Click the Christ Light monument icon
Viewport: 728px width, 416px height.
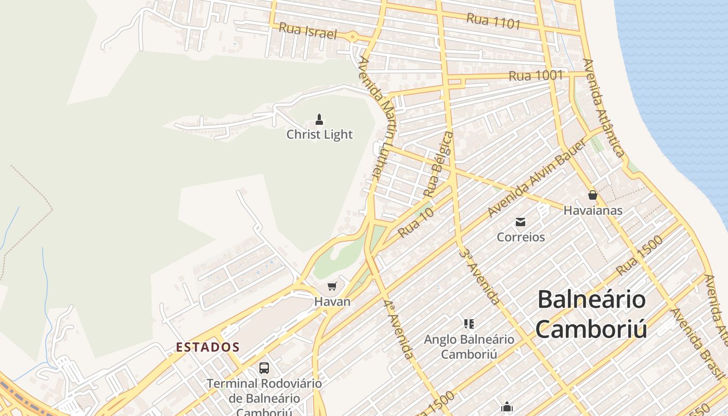pos(319,120)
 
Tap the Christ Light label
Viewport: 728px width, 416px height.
pos(319,135)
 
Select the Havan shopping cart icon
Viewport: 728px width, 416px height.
pos(332,286)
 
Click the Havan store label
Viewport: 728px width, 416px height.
pos(332,302)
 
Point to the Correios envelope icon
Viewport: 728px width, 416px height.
pos(521,223)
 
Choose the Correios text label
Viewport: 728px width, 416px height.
pos(521,237)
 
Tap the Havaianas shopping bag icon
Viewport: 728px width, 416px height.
pos(592,196)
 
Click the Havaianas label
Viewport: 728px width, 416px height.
pos(593,211)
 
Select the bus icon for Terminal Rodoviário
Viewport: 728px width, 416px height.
pos(264,368)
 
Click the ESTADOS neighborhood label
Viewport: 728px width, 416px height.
pos(207,347)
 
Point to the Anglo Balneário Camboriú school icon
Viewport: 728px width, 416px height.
pos(469,324)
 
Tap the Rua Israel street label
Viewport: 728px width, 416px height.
pos(308,31)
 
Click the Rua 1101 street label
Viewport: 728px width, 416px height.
pos(493,21)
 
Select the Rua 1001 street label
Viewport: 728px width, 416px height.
pos(536,76)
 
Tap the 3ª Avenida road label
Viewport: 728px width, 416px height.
pos(479,276)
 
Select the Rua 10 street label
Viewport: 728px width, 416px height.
pos(415,224)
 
